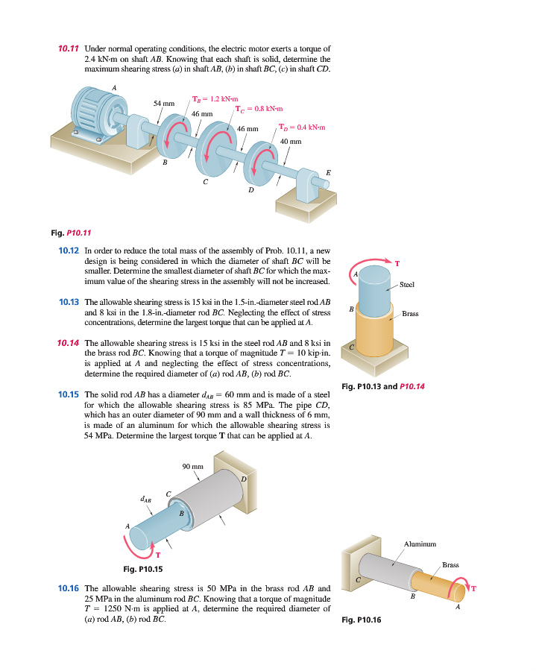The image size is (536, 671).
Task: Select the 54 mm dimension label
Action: click(163, 103)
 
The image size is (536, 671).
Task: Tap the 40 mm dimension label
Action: click(291, 141)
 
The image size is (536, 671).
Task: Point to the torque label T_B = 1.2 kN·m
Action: click(215, 99)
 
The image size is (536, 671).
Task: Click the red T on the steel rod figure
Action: click(397, 262)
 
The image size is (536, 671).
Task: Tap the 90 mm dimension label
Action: click(192, 467)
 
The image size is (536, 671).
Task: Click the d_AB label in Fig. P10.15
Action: click(147, 500)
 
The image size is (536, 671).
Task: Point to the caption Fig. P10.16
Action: click(360, 619)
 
